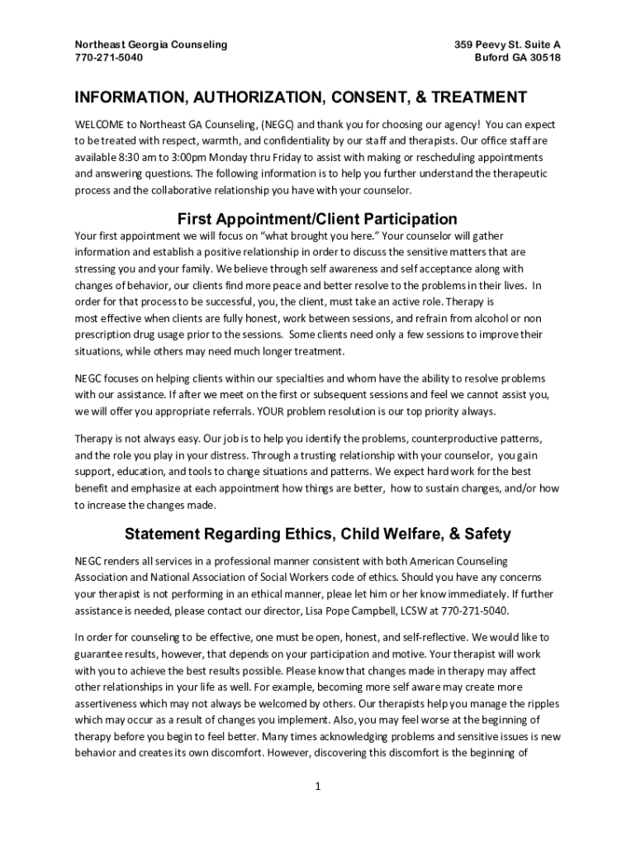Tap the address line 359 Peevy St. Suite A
pyautogui.click(x=507, y=44)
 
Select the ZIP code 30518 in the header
pyautogui.click(x=543, y=58)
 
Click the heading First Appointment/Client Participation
pyautogui.click(x=317, y=219)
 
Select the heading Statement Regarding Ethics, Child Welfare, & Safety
pyautogui.click(x=317, y=534)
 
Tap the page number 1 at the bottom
pyautogui.click(x=317, y=786)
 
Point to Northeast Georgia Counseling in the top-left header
pyautogui.click(x=151, y=44)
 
